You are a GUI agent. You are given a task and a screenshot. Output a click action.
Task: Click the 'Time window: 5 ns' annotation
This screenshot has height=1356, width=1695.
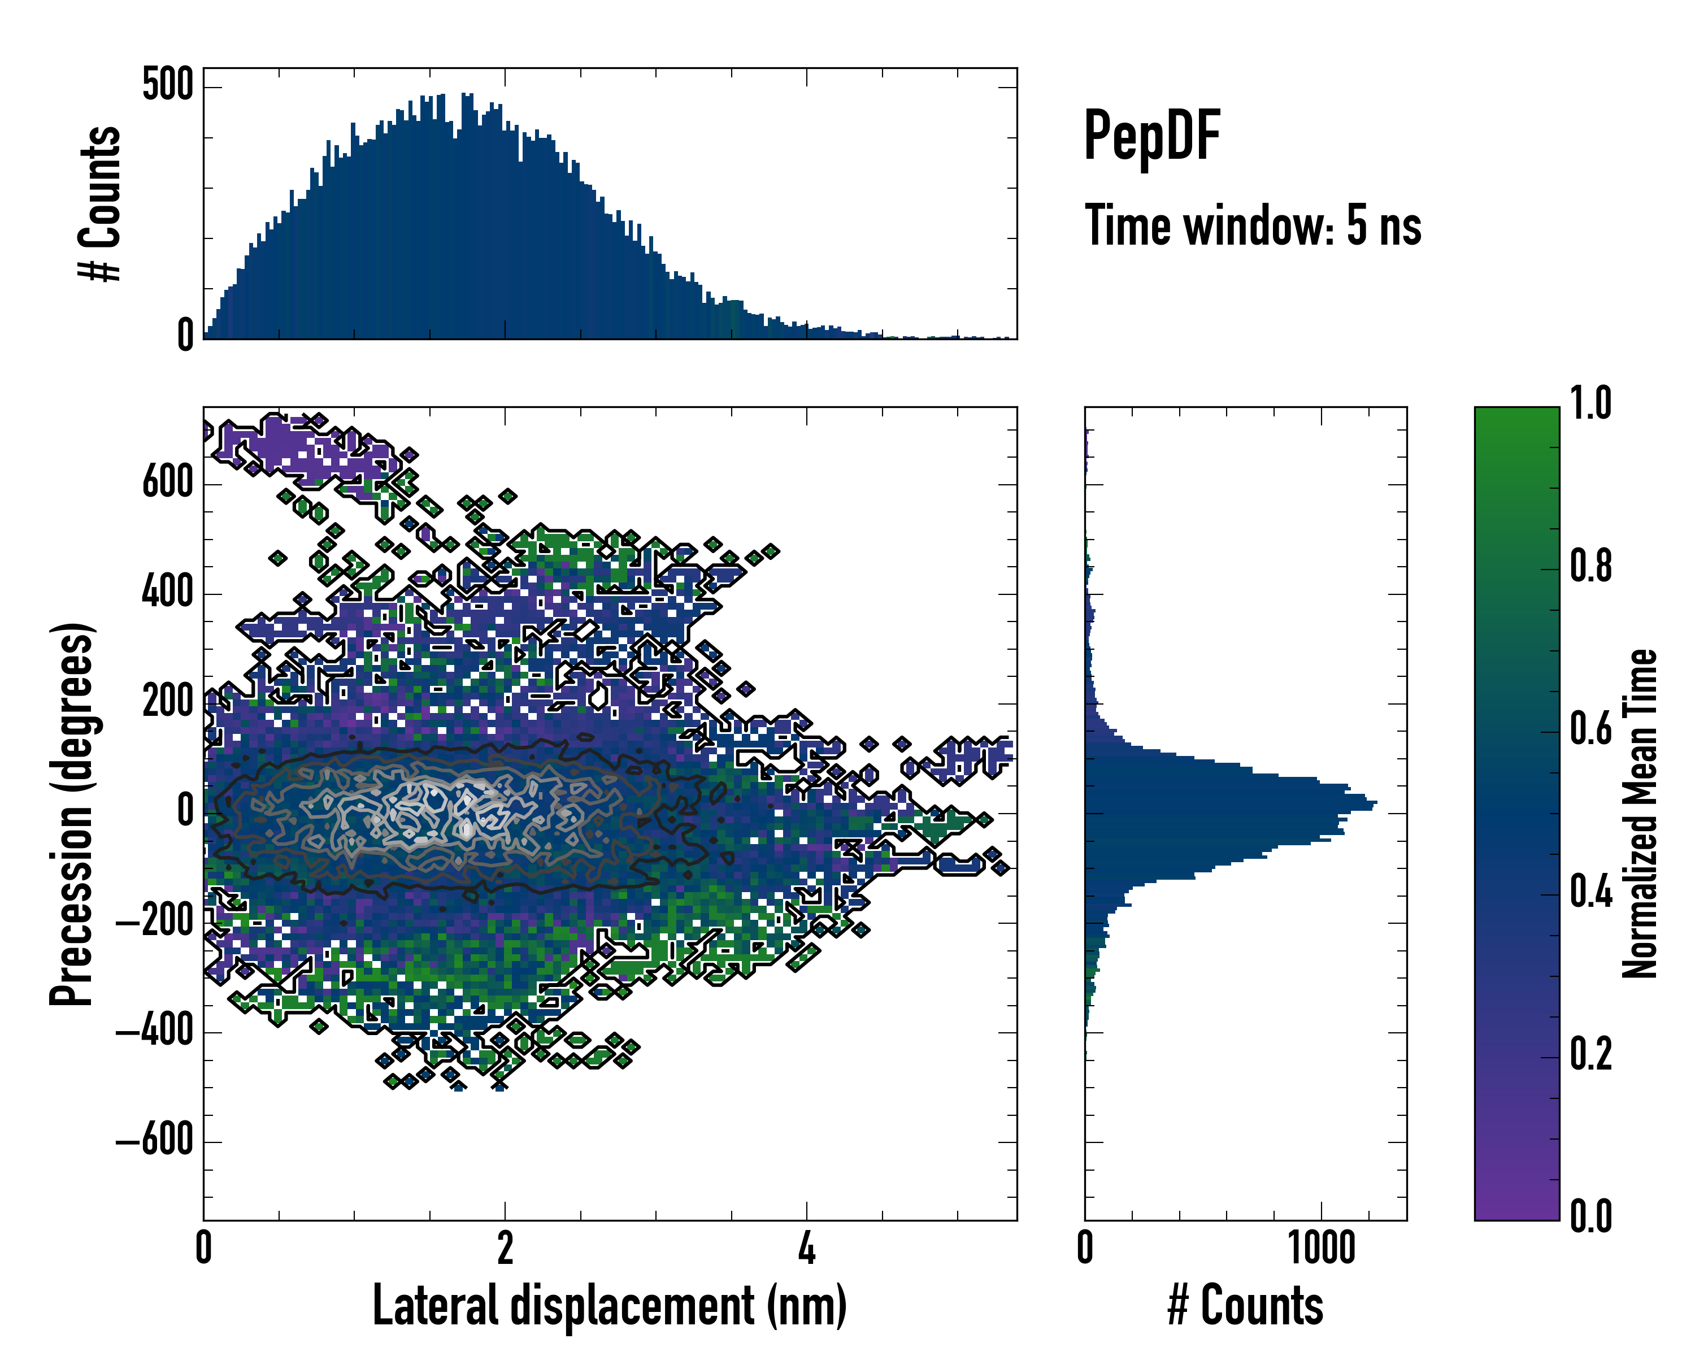coord(1253,225)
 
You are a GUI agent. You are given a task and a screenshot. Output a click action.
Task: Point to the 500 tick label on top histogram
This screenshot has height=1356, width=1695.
coord(167,84)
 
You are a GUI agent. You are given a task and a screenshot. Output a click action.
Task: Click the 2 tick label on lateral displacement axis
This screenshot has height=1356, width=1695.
coord(505,1248)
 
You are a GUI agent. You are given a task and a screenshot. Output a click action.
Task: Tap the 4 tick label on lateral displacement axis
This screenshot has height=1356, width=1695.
coord(807,1248)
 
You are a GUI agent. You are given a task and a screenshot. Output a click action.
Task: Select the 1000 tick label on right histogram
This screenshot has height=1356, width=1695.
coord(1321,1248)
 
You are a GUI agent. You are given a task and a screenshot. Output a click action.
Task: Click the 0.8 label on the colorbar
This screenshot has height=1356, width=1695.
coord(1590,566)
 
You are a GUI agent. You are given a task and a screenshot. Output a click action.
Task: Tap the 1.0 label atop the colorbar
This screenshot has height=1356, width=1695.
coord(1590,403)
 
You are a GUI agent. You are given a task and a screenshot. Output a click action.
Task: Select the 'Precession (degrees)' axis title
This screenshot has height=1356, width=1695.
coord(72,813)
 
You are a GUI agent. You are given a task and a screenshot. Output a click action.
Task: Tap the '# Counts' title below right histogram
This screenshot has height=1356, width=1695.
coord(1245,1306)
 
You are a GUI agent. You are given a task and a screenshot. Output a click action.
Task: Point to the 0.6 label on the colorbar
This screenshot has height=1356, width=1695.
coord(1590,729)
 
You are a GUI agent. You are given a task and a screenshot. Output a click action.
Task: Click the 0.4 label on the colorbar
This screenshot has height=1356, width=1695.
coord(1590,892)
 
